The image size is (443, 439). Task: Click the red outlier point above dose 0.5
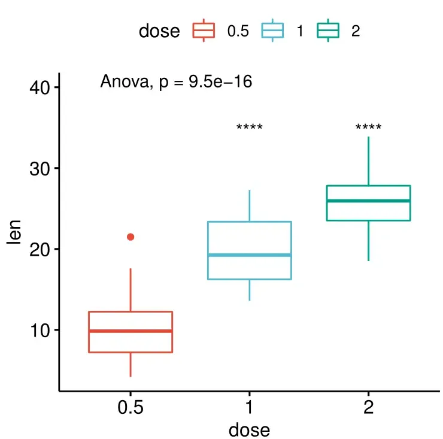pos(131,237)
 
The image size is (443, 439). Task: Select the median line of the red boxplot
pos(131,331)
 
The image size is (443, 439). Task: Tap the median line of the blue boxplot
pos(250,255)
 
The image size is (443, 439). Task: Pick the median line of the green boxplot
pos(368,201)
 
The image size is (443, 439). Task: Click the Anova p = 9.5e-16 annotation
pos(176,82)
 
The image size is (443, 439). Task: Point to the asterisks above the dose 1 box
pos(250,128)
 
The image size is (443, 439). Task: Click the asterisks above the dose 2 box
pos(368,128)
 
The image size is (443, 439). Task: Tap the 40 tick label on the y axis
pos(40,87)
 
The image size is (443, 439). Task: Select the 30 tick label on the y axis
pos(40,168)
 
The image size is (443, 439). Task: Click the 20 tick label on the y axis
pos(40,249)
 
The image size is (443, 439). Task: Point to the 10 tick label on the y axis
pos(40,330)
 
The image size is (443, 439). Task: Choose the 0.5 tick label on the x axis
pos(131,408)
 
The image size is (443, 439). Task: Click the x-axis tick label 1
pos(250,408)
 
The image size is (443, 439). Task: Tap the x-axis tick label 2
pos(368,408)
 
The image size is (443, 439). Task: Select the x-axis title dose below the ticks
pos(250,429)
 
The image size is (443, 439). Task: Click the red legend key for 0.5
pos(204,31)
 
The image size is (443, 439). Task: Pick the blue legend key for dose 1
pos(274,31)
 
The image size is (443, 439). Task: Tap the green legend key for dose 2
pos(328,31)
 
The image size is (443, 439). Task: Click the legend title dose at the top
pos(159,31)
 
